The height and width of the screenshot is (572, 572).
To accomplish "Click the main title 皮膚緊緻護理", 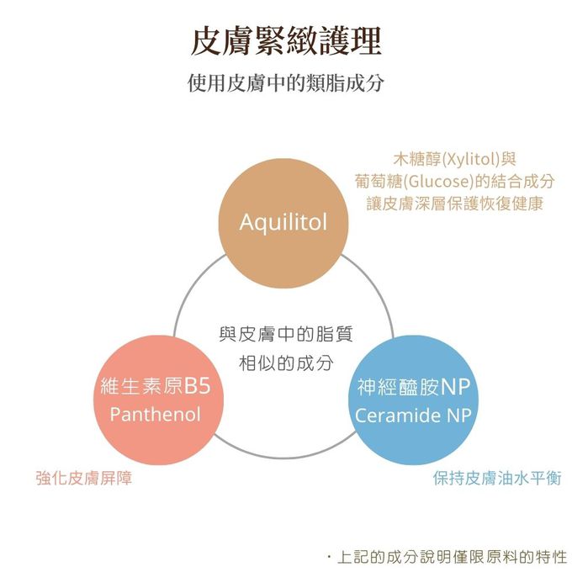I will click(286, 40).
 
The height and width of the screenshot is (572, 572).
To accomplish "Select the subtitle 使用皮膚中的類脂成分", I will click(286, 85).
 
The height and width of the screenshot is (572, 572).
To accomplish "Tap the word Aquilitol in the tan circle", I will click(283, 222).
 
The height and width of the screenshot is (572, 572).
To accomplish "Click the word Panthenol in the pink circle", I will click(156, 415).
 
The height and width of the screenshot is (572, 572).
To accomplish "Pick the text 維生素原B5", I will click(155, 386).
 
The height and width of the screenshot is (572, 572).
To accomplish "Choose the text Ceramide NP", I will click(412, 416).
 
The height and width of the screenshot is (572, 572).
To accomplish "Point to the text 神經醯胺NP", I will click(412, 387).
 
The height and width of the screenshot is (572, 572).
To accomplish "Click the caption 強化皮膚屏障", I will click(84, 479).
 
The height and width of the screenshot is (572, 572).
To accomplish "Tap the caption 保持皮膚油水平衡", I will click(497, 479).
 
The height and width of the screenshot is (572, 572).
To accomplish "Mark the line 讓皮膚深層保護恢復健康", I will click(455, 204).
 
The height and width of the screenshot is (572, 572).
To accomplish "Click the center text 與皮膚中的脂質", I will click(286, 335).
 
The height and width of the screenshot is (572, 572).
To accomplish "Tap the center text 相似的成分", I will click(286, 363).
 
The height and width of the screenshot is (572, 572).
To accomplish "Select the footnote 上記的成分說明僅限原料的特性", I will click(453, 557).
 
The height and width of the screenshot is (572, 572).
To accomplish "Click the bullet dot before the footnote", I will click(329, 557).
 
